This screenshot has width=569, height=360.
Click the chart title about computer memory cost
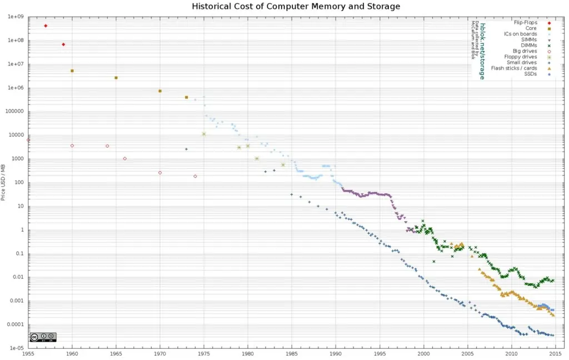[x=296, y=7]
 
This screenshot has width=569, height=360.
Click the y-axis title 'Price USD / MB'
[x=4, y=182]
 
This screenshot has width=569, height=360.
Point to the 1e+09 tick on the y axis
[x=14, y=17]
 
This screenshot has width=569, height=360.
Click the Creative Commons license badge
[x=43, y=337]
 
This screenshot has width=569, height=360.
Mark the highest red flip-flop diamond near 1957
[x=46, y=26]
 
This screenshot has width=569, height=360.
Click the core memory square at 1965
[x=116, y=78]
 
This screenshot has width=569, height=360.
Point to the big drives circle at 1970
[x=160, y=173]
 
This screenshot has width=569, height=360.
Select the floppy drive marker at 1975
[x=204, y=134]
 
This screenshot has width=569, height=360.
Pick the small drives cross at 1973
[x=186, y=149]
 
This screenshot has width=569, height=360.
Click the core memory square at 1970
[x=160, y=91]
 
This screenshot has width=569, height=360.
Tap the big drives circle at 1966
[x=124, y=158]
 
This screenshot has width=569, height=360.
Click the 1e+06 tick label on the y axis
[x=14, y=88]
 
